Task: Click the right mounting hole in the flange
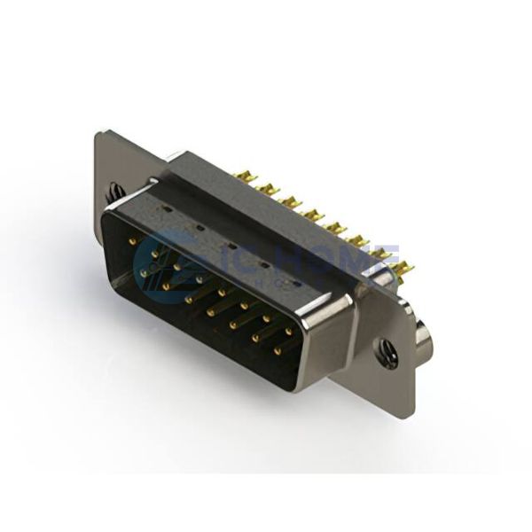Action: (x=387, y=351)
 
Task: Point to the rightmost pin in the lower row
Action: (x=277, y=351)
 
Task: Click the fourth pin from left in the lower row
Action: (x=211, y=313)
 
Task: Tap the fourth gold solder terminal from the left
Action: (x=310, y=212)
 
